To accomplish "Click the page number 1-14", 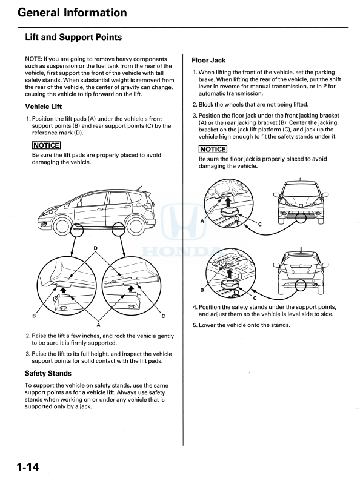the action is click(28, 467).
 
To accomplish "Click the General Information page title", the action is click(72, 13).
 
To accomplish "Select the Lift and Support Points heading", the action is click(73, 37).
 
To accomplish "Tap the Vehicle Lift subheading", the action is click(44, 107).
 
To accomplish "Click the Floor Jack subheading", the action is click(208, 61).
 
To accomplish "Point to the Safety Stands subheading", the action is click(48, 373).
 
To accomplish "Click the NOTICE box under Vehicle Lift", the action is click(46, 145).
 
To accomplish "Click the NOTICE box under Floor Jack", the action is click(213, 149).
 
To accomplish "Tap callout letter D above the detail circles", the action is click(95, 248).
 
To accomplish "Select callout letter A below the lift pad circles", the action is click(99, 325).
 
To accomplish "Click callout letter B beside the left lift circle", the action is click(34, 316).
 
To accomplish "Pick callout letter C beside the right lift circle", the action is click(163, 316).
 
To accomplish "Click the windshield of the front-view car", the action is click(301, 190).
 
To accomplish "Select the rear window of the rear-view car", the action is click(300, 259).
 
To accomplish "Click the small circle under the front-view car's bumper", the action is click(301, 218).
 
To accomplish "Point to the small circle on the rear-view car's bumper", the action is click(301, 285).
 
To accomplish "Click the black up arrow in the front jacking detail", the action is click(228, 201).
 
